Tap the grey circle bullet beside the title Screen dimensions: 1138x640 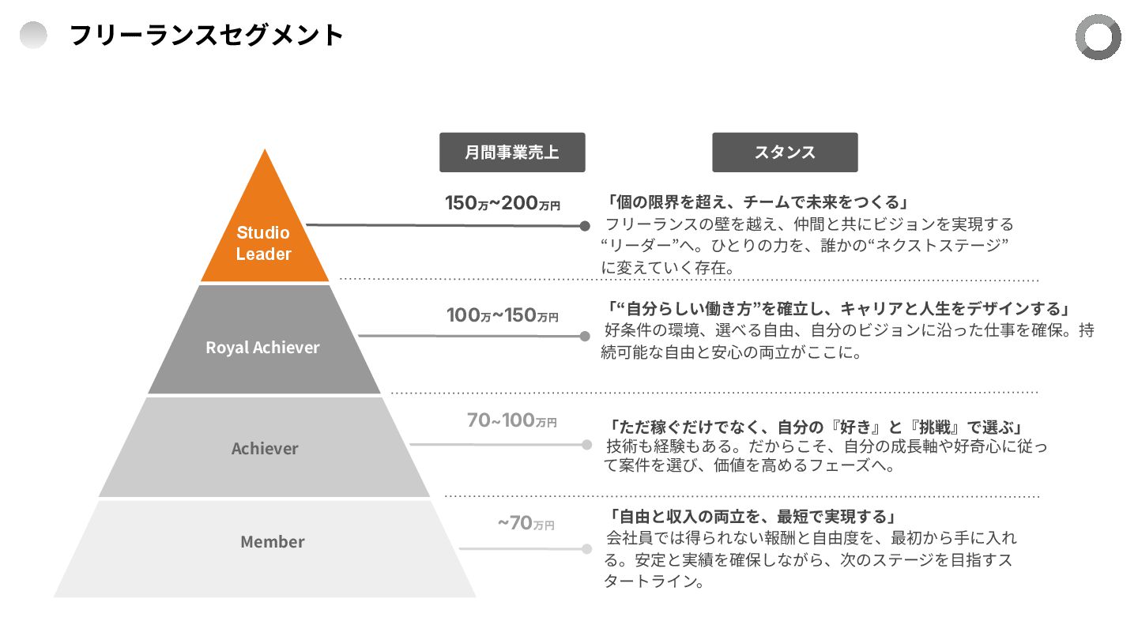(33, 36)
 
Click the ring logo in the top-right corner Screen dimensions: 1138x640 (1098, 37)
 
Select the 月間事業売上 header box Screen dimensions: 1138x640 (512, 152)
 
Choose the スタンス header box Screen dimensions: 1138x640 (785, 152)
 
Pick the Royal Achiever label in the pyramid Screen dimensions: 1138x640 (263, 348)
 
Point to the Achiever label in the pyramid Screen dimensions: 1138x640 (265, 449)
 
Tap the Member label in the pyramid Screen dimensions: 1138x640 (273, 542)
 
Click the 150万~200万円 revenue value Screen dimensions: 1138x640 (503, 204)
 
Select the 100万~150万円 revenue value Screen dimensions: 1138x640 (503, 315)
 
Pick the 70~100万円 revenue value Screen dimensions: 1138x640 (511, 421)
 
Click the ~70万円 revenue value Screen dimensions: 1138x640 (526, 523)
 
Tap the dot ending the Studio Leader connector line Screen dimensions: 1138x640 (585, 226)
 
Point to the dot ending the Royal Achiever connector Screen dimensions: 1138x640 (585, 337)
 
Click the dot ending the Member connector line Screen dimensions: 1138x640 (586, 549)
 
